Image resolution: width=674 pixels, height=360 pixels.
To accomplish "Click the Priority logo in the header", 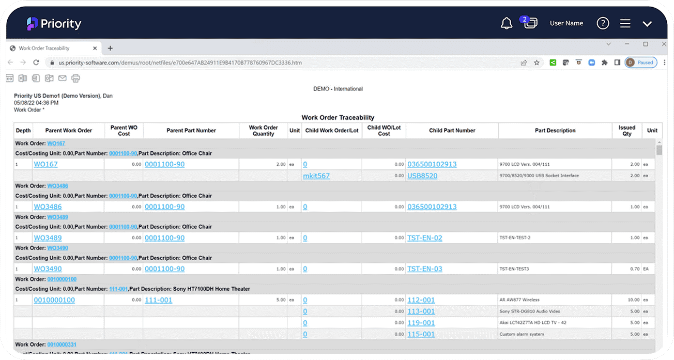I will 54,24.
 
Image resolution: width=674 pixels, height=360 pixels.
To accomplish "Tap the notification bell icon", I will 506,23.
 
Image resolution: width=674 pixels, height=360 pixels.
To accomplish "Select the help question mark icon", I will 603,23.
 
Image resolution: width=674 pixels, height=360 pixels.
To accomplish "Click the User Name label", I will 566,23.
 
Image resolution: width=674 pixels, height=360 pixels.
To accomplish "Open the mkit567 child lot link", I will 316,176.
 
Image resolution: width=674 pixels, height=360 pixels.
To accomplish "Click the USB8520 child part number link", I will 422,176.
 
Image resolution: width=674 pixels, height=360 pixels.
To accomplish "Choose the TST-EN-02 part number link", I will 424,238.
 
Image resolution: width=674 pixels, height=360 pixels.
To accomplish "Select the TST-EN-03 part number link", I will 424,269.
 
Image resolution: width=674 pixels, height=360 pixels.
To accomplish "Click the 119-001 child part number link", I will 421,323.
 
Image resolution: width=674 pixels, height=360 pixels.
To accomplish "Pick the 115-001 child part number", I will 421,334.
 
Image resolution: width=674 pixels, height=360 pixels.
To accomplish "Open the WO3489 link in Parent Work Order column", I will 48,238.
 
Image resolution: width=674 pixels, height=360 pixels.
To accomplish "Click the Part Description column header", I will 555,131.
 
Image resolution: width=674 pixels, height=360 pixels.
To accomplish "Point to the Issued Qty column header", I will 626,131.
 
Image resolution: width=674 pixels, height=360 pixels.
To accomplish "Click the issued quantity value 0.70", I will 633,269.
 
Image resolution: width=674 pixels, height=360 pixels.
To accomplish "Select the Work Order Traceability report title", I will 338,118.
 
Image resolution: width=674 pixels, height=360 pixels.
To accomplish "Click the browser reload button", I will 36,62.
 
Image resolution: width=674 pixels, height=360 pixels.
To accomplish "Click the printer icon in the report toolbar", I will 76,79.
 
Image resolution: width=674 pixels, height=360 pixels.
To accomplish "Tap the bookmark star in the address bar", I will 537,62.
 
